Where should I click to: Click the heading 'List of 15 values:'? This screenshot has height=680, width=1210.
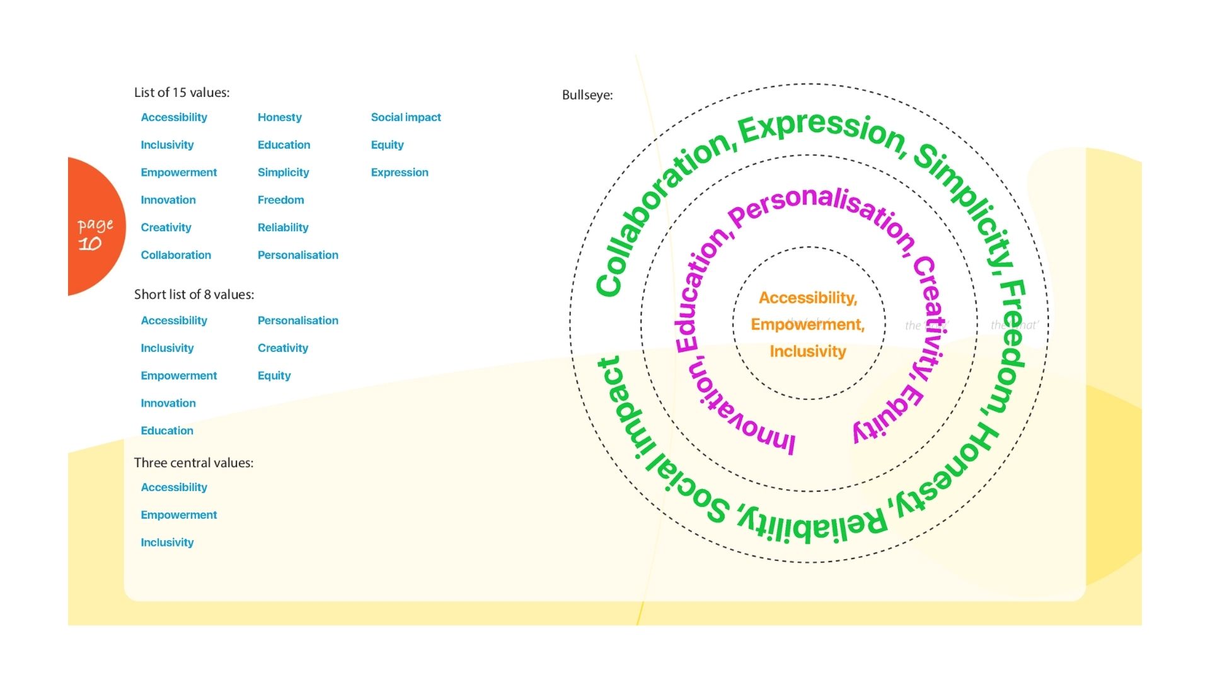click(181, 93)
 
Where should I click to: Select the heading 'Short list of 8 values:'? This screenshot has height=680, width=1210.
click(193, 295)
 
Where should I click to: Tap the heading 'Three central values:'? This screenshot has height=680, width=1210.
click(193, 463)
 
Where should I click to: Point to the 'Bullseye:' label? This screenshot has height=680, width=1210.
click(587, 95)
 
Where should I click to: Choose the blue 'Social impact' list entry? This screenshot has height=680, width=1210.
click(405, 117)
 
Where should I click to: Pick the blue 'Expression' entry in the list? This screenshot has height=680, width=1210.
click(399, 173)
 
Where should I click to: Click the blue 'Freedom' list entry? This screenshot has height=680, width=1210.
click(280, 200)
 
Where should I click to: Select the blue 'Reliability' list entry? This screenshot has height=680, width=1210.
click(282, 227)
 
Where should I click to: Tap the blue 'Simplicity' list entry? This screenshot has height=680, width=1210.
click(283, 173)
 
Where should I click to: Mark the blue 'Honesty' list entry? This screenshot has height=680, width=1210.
click(279, 117)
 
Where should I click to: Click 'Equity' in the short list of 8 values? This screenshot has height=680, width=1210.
click(274, 376)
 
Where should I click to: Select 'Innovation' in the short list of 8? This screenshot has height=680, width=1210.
click(168, 403)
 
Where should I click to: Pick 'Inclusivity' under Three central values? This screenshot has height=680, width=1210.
click(167, 543)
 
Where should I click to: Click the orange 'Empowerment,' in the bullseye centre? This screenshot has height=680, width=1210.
click(807, 324)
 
